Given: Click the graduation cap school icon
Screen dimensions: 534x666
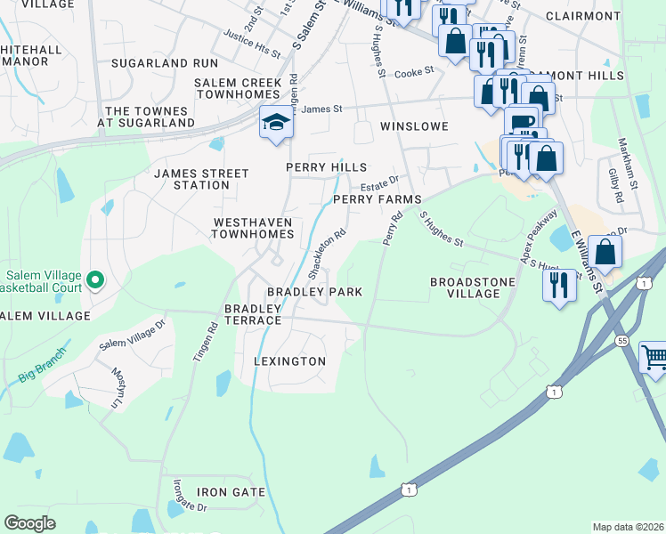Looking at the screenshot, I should [276, 122].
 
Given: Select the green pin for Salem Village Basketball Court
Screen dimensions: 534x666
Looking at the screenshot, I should [94, 282].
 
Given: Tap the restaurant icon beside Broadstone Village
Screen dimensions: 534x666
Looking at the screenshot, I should [558, 286].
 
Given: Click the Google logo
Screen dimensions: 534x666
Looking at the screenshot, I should [30, 522].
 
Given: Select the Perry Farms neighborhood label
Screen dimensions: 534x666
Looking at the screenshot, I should [377, 200].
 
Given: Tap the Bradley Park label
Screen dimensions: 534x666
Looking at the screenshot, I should [315, 292].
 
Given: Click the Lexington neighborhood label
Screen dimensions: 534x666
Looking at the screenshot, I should [289, 361].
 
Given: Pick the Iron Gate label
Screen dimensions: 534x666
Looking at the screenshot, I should [231, 492].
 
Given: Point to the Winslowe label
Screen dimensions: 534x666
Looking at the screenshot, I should [414, 126].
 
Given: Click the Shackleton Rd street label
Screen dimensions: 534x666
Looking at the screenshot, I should [327, 253].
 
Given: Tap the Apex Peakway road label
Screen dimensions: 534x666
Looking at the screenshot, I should [538, 235].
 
